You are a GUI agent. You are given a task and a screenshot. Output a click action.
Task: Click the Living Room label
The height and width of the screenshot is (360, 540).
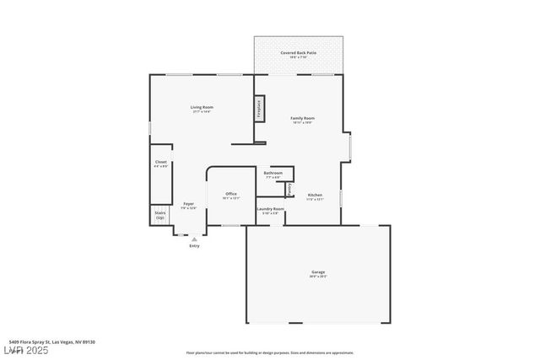coord(201,107)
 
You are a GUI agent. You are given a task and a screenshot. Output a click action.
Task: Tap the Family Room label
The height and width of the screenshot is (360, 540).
coord(302,118)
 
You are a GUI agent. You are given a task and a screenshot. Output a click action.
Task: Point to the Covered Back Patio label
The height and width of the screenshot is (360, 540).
coord(299,52)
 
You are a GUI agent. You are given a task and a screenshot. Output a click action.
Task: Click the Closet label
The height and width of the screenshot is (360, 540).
coord(160,162)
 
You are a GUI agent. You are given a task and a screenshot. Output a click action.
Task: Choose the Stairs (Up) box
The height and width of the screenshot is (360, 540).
coord(160,215)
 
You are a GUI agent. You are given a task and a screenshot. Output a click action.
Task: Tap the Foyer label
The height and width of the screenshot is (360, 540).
coord(189,203)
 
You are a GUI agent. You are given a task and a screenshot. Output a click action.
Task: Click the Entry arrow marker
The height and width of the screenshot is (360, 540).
coord(194,239)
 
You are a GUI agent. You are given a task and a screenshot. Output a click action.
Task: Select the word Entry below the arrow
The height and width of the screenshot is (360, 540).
coord(194,246)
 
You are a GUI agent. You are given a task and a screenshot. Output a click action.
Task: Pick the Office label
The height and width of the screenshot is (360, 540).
coord(230,194)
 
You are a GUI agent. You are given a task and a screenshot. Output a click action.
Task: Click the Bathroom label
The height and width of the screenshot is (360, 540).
coord(273,173)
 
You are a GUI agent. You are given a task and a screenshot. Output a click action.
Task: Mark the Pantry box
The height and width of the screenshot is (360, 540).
coord(289,190)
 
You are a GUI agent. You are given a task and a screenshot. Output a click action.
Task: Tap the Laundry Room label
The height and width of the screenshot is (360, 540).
coord(271,208)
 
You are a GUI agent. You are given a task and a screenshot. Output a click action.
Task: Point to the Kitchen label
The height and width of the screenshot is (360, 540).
coord(315,195)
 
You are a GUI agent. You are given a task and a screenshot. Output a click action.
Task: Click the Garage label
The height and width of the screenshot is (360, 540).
coord(318,271)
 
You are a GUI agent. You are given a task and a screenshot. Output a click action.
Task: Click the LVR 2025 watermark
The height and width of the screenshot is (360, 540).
coord(26,351)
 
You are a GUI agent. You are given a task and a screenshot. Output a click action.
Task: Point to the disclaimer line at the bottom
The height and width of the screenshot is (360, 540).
coord(269,352)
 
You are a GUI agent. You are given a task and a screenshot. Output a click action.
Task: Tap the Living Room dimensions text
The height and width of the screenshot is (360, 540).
coord(201,112)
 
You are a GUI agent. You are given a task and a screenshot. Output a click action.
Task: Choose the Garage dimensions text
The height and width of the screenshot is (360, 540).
coord(318,277)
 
